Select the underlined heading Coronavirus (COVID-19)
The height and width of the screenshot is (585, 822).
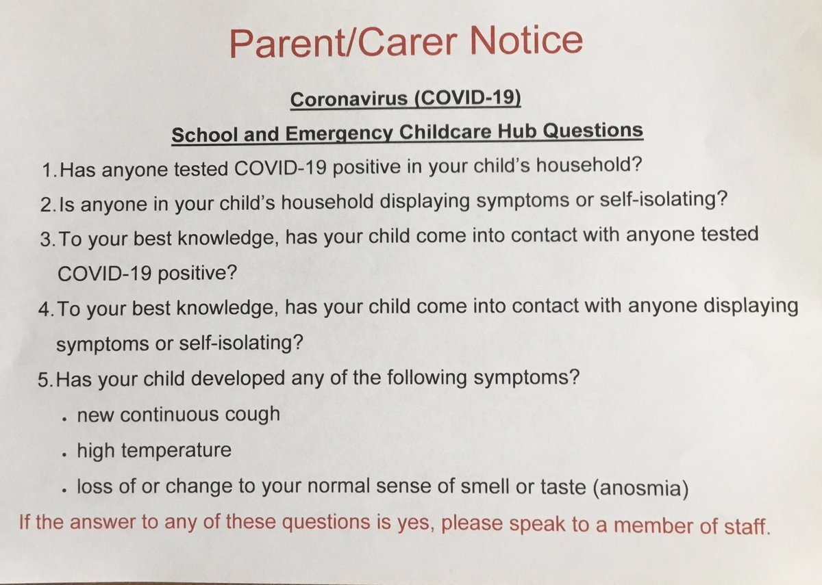coord(406,99)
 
